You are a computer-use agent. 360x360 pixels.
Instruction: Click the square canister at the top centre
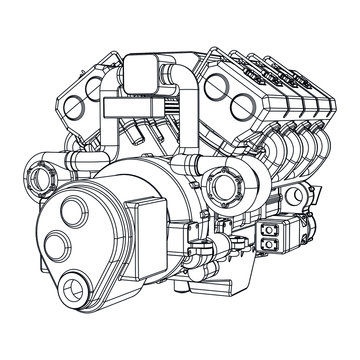[140, 73]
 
